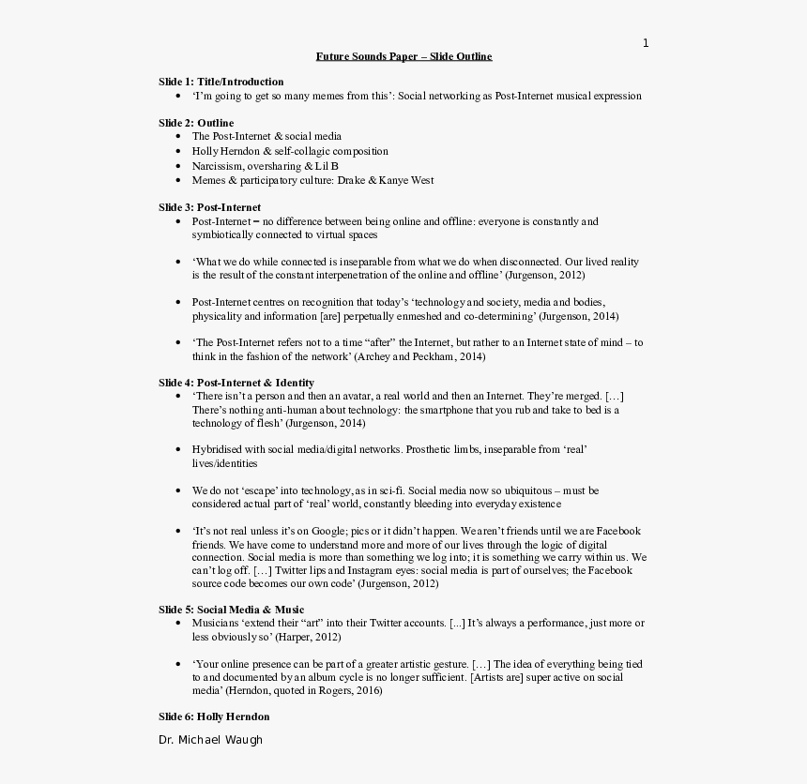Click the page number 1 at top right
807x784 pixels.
(x=646, y=43)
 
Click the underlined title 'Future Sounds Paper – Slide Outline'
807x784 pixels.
(x=403, y=56)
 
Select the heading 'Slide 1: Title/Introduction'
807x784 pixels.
(x=221, y=82)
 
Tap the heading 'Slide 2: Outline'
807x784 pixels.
(x=196, y=123)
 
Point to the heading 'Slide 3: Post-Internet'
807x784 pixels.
(x=209, y=207)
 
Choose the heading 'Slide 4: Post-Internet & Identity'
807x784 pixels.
(x=236, y=383)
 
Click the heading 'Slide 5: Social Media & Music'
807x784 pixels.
(x=231, y=610)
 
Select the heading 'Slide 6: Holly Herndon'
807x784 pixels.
(x=214, y=716)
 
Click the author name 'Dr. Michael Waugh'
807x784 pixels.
(x=210, y=740)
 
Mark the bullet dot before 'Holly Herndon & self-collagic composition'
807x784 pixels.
(x=177, y=151)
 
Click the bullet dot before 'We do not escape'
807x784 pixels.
(x=177, y=490)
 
